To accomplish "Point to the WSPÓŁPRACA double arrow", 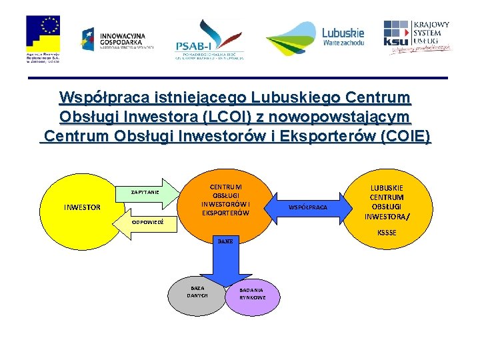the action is pos(307,207).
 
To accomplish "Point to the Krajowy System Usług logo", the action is pos(417,36).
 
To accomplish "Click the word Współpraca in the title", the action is pos(99,98).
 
